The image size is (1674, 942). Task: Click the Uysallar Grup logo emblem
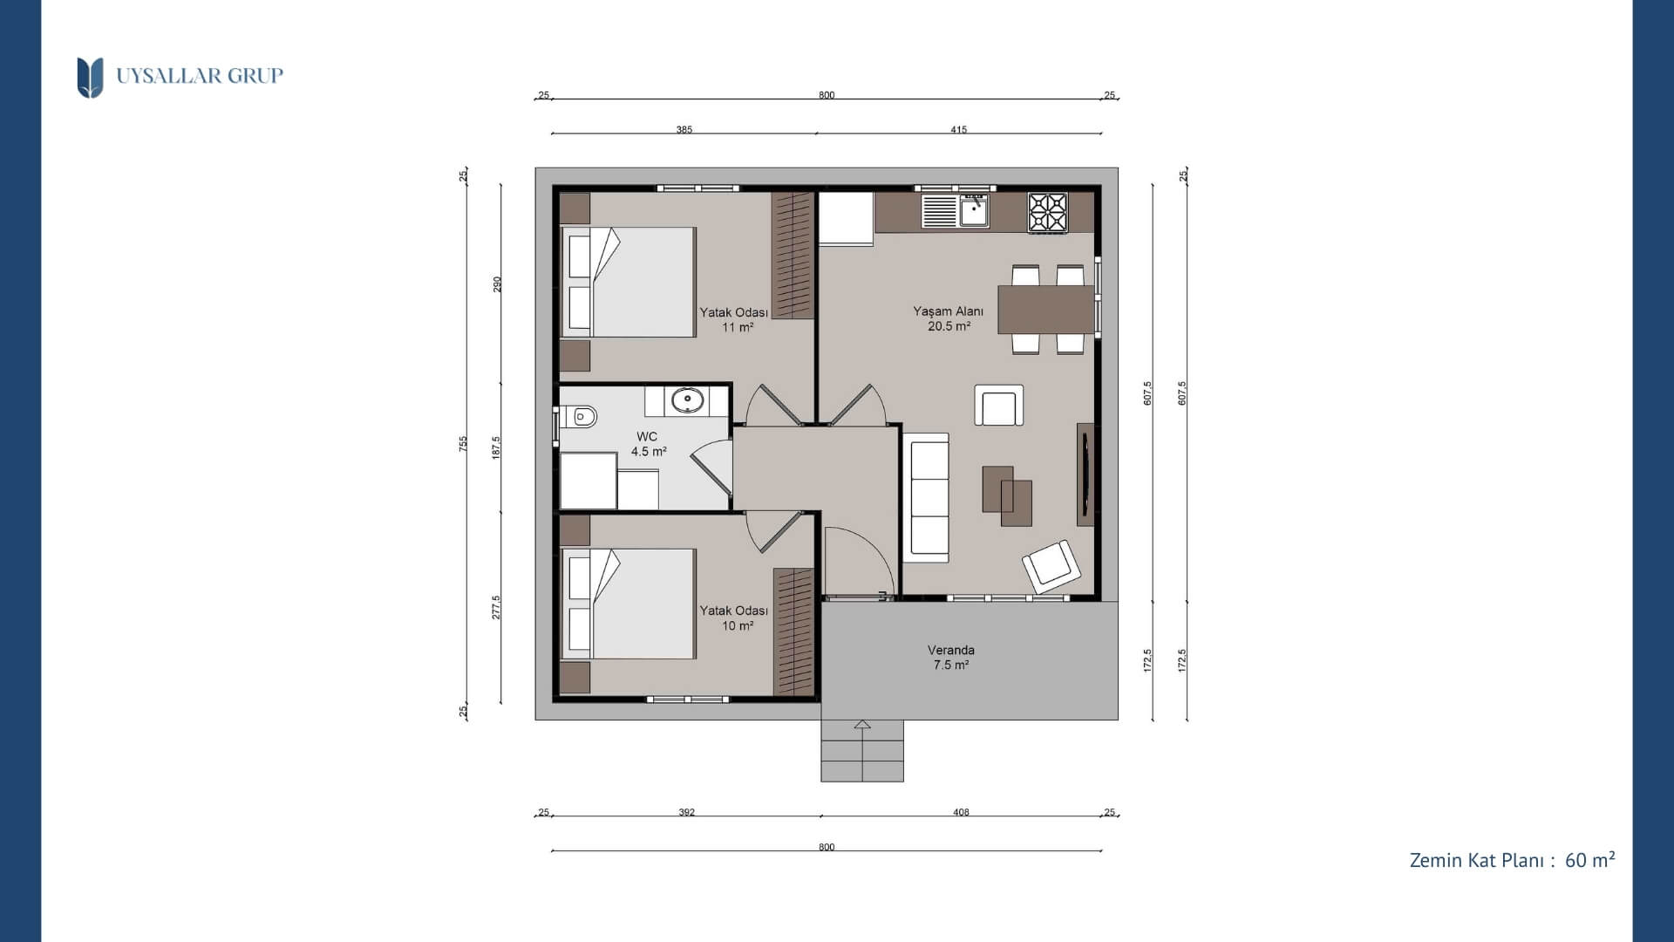pyautogui.click(x=90, y=78)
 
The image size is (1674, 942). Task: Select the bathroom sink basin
pyautogui.click(x=688, y=401)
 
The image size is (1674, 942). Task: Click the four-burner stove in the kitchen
pyautogui.click(x=1047, y=212)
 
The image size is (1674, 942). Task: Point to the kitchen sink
pyautogui.click(x=974, y=211)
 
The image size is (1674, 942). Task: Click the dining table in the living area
pyautogui.click(x=1045, y=310)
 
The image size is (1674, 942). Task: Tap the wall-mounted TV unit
pyautogui.click(x=1085, y=474)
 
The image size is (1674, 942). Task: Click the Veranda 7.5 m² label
pyautogui.click(x=950, y=658)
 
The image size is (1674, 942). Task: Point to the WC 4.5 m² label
pyautogui.click(x=648, y=444)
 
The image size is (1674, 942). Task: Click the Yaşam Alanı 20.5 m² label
pyautogui.click(x=949, y=318)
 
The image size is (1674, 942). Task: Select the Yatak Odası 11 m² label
pyautogui.click(x=734, y=320)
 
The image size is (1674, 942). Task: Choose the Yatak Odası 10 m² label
pyautogui.click(x=734, y=618)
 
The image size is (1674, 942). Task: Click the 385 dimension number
pyautogui.click(x=684, y=130)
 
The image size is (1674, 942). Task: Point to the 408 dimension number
pyautogui.click(x=961, y=813)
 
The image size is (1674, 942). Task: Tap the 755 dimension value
pyautogui.click(x=464, y=443)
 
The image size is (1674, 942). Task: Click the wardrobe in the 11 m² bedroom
pyautogui.click(x=793, y=255)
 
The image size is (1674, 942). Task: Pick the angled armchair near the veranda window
pyautogui.click(x=1052, y=566)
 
